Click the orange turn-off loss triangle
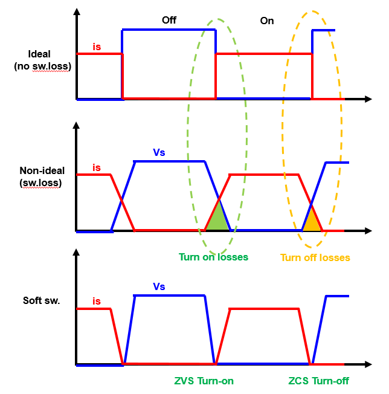[x=312, y=222]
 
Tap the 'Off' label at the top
[x=169, y=21]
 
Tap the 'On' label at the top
[x=267, y=21]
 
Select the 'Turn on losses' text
[x=213, y=257]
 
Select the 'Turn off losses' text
[x=315, y=257]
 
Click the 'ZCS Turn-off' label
[x=318, y=381]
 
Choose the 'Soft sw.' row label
[x=42, y=300]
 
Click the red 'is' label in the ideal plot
[x=97, y=46]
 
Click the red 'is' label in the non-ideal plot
[x=97, y=167]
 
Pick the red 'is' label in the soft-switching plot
[x=97, y=300]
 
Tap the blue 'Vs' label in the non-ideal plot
[x=159, y=153]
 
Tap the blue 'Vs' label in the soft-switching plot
[x=159, y=286]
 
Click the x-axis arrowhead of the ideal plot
[x=367, y=98]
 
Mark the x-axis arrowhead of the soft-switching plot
[x=367, y=365]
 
